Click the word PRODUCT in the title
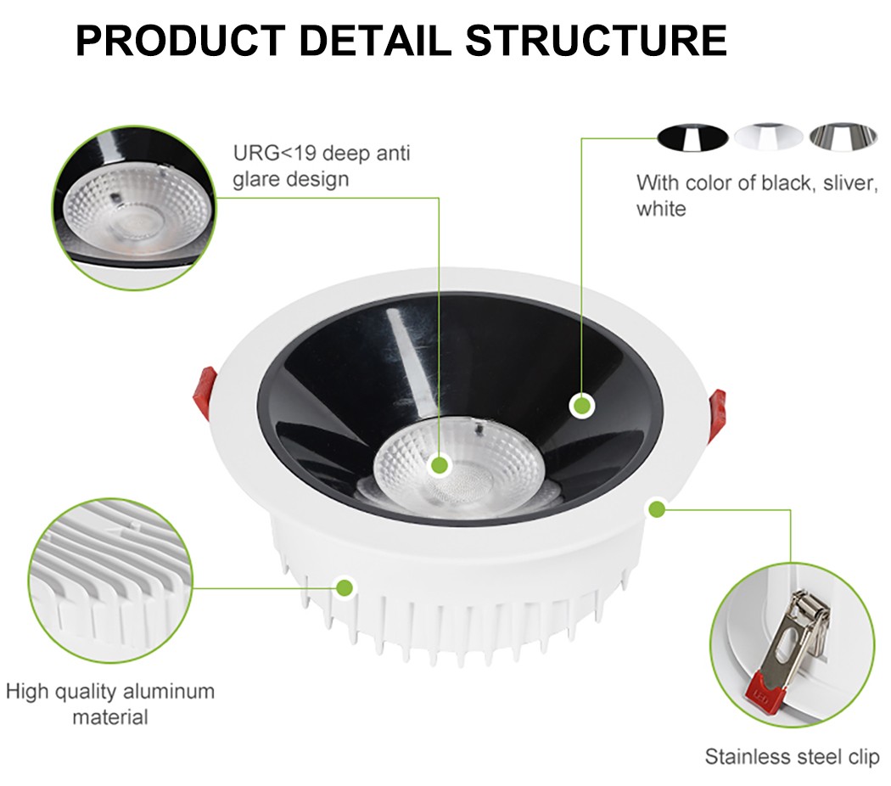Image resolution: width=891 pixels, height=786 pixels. (180, 41)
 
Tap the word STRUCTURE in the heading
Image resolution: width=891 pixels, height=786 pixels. (596, 41)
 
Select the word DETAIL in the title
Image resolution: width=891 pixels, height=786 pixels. (375, 41)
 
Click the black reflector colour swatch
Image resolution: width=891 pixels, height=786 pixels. (692, 138)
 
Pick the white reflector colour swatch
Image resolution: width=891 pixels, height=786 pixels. (768, 138)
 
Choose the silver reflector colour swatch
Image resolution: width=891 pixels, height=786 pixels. (843, 138)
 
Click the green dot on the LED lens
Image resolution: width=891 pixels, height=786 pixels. (440, 465)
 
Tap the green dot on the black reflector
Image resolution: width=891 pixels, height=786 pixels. (582, 406)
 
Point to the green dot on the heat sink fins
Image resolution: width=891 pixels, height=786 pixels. (345, 587)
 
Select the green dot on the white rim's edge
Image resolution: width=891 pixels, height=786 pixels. (658, 508)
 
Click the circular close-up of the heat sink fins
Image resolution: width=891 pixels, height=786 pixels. (111, 581)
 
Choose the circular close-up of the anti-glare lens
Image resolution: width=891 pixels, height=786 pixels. (135, 208)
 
